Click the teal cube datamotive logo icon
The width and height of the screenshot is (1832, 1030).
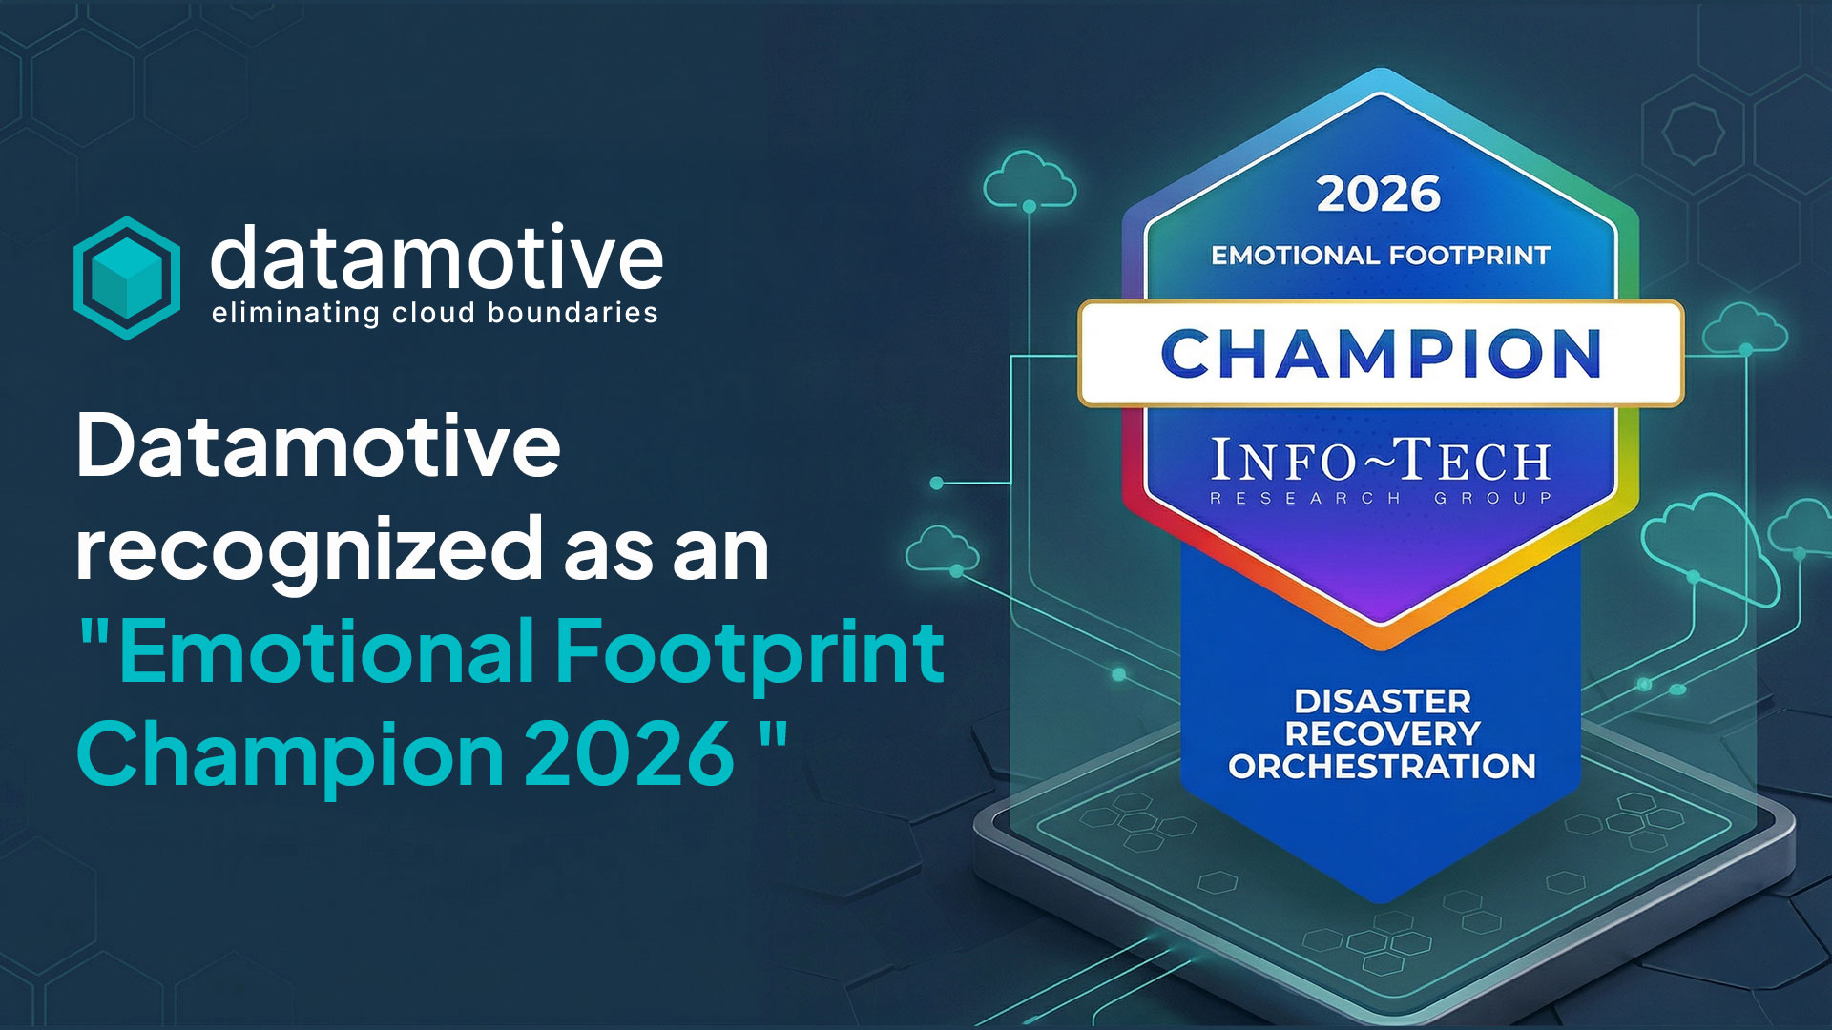(x=127, y=278)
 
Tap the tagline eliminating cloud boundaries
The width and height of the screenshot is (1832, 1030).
(x=435, y=313)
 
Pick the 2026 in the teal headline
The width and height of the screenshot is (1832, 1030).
(x=630, y=753)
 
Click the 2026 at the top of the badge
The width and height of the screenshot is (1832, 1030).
(x=1379, y=195)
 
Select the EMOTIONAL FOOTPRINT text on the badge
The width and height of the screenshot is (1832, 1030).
(x=1381, y=256)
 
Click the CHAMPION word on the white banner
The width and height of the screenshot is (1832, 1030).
(x=1381, y=354)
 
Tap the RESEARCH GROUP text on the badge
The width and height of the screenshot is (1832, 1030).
(x=1381, y=498)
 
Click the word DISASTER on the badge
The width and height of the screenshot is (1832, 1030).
(x=1383, y=702)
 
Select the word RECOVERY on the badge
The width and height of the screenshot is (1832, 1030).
(x=1383, y=733)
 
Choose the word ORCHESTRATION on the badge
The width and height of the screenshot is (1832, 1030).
(x=1383, y=766)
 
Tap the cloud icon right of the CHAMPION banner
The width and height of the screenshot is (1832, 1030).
(x=1744, y=328)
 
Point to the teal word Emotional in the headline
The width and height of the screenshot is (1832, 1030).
(x=326, y=652)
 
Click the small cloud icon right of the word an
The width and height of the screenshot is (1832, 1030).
(x=942, y=551)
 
